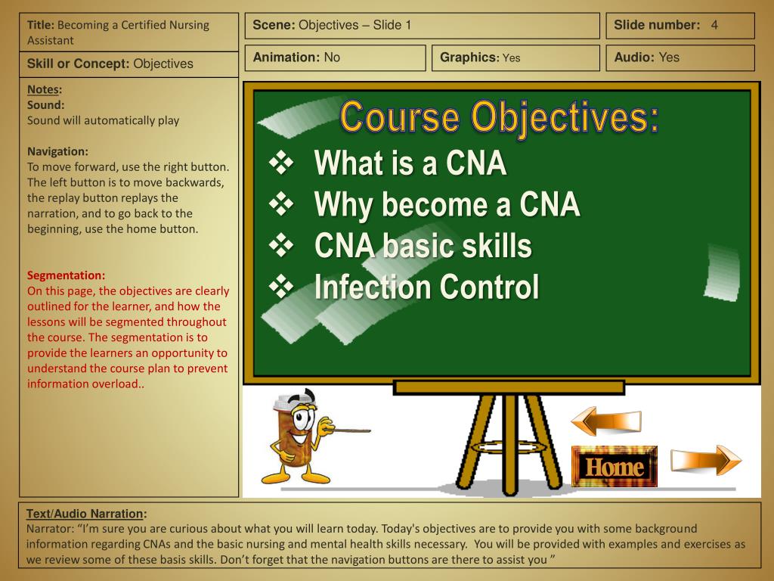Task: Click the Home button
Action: point(614,467)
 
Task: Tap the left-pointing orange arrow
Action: point(605,421)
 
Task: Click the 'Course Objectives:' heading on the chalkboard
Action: point(499,118)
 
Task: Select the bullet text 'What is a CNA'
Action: point(410,163)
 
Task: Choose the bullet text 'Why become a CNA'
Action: point(447,204)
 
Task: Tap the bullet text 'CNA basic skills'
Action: point(423,246)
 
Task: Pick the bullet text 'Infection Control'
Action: point(426,287)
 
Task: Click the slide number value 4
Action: point(714,25)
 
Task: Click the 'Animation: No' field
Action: point(296,57)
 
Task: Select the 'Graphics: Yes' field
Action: point(480,57)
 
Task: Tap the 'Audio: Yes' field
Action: point(646,57)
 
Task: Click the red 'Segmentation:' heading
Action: point(67,275)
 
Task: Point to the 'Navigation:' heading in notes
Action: point(57,151)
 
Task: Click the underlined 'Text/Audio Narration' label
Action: point(85,514)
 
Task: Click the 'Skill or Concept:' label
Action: point(79,64)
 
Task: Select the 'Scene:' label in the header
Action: point(274,25)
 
